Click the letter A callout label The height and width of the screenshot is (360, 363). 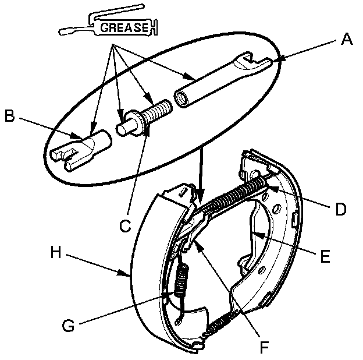pos(347,40)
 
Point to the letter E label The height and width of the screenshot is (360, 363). pos(325,255)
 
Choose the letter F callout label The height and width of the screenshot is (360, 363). pos(264,347)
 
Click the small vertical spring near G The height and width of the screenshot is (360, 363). pos(183,283)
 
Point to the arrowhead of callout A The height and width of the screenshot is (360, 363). pos(277,59)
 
